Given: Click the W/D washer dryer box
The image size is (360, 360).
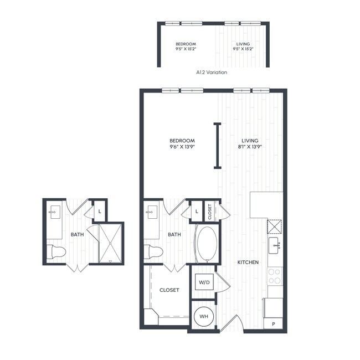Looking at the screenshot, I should (x=204, y=282).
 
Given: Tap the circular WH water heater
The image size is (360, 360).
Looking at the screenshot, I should (x=204, y=316).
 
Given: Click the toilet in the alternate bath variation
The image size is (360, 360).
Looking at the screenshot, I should (x=56, y=251).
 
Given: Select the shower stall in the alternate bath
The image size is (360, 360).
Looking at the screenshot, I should (x=111, y=243).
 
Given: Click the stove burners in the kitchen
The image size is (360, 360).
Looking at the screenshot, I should (x=274, y=276).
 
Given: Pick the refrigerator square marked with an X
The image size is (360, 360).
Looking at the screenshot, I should (x=275, y=227).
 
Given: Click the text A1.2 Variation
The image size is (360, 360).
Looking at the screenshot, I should (x=212, y=72).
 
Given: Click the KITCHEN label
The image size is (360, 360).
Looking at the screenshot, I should (x=248, y=261).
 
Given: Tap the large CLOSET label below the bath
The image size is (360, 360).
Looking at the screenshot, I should (x=169, y=290).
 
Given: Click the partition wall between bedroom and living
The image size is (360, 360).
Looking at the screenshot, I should (x=218, y=145).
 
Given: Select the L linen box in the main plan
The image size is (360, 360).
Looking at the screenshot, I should (x=197, y=211).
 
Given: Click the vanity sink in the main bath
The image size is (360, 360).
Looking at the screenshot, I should (x=151, y=212).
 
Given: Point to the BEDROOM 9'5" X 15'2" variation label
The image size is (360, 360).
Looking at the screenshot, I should (x=186, y=47).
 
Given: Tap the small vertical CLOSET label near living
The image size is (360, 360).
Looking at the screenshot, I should (x=210, y=210).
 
